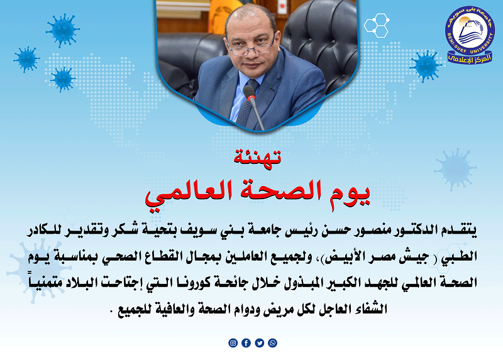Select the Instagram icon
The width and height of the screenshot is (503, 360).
233,343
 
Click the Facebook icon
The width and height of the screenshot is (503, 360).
246,343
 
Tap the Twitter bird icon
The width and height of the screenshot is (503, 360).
259,343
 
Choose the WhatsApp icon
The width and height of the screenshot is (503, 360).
272,343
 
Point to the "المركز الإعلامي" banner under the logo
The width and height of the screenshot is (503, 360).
470,58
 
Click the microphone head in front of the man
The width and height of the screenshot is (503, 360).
249,92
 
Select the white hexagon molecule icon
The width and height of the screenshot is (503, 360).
376,26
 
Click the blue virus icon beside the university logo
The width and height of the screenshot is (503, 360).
426,65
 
